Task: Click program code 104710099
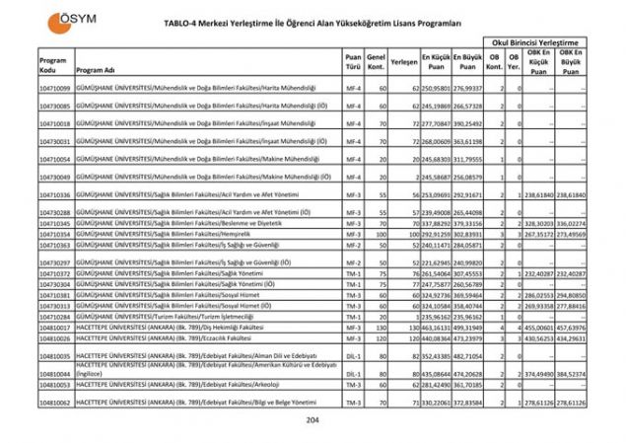(x=54, y=89)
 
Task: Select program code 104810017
(x=54, y=327)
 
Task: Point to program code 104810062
(x=54, y=403)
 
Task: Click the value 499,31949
(x=466, y=327)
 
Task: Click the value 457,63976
(x=572, y=327)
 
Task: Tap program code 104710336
(x=54, y=195)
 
